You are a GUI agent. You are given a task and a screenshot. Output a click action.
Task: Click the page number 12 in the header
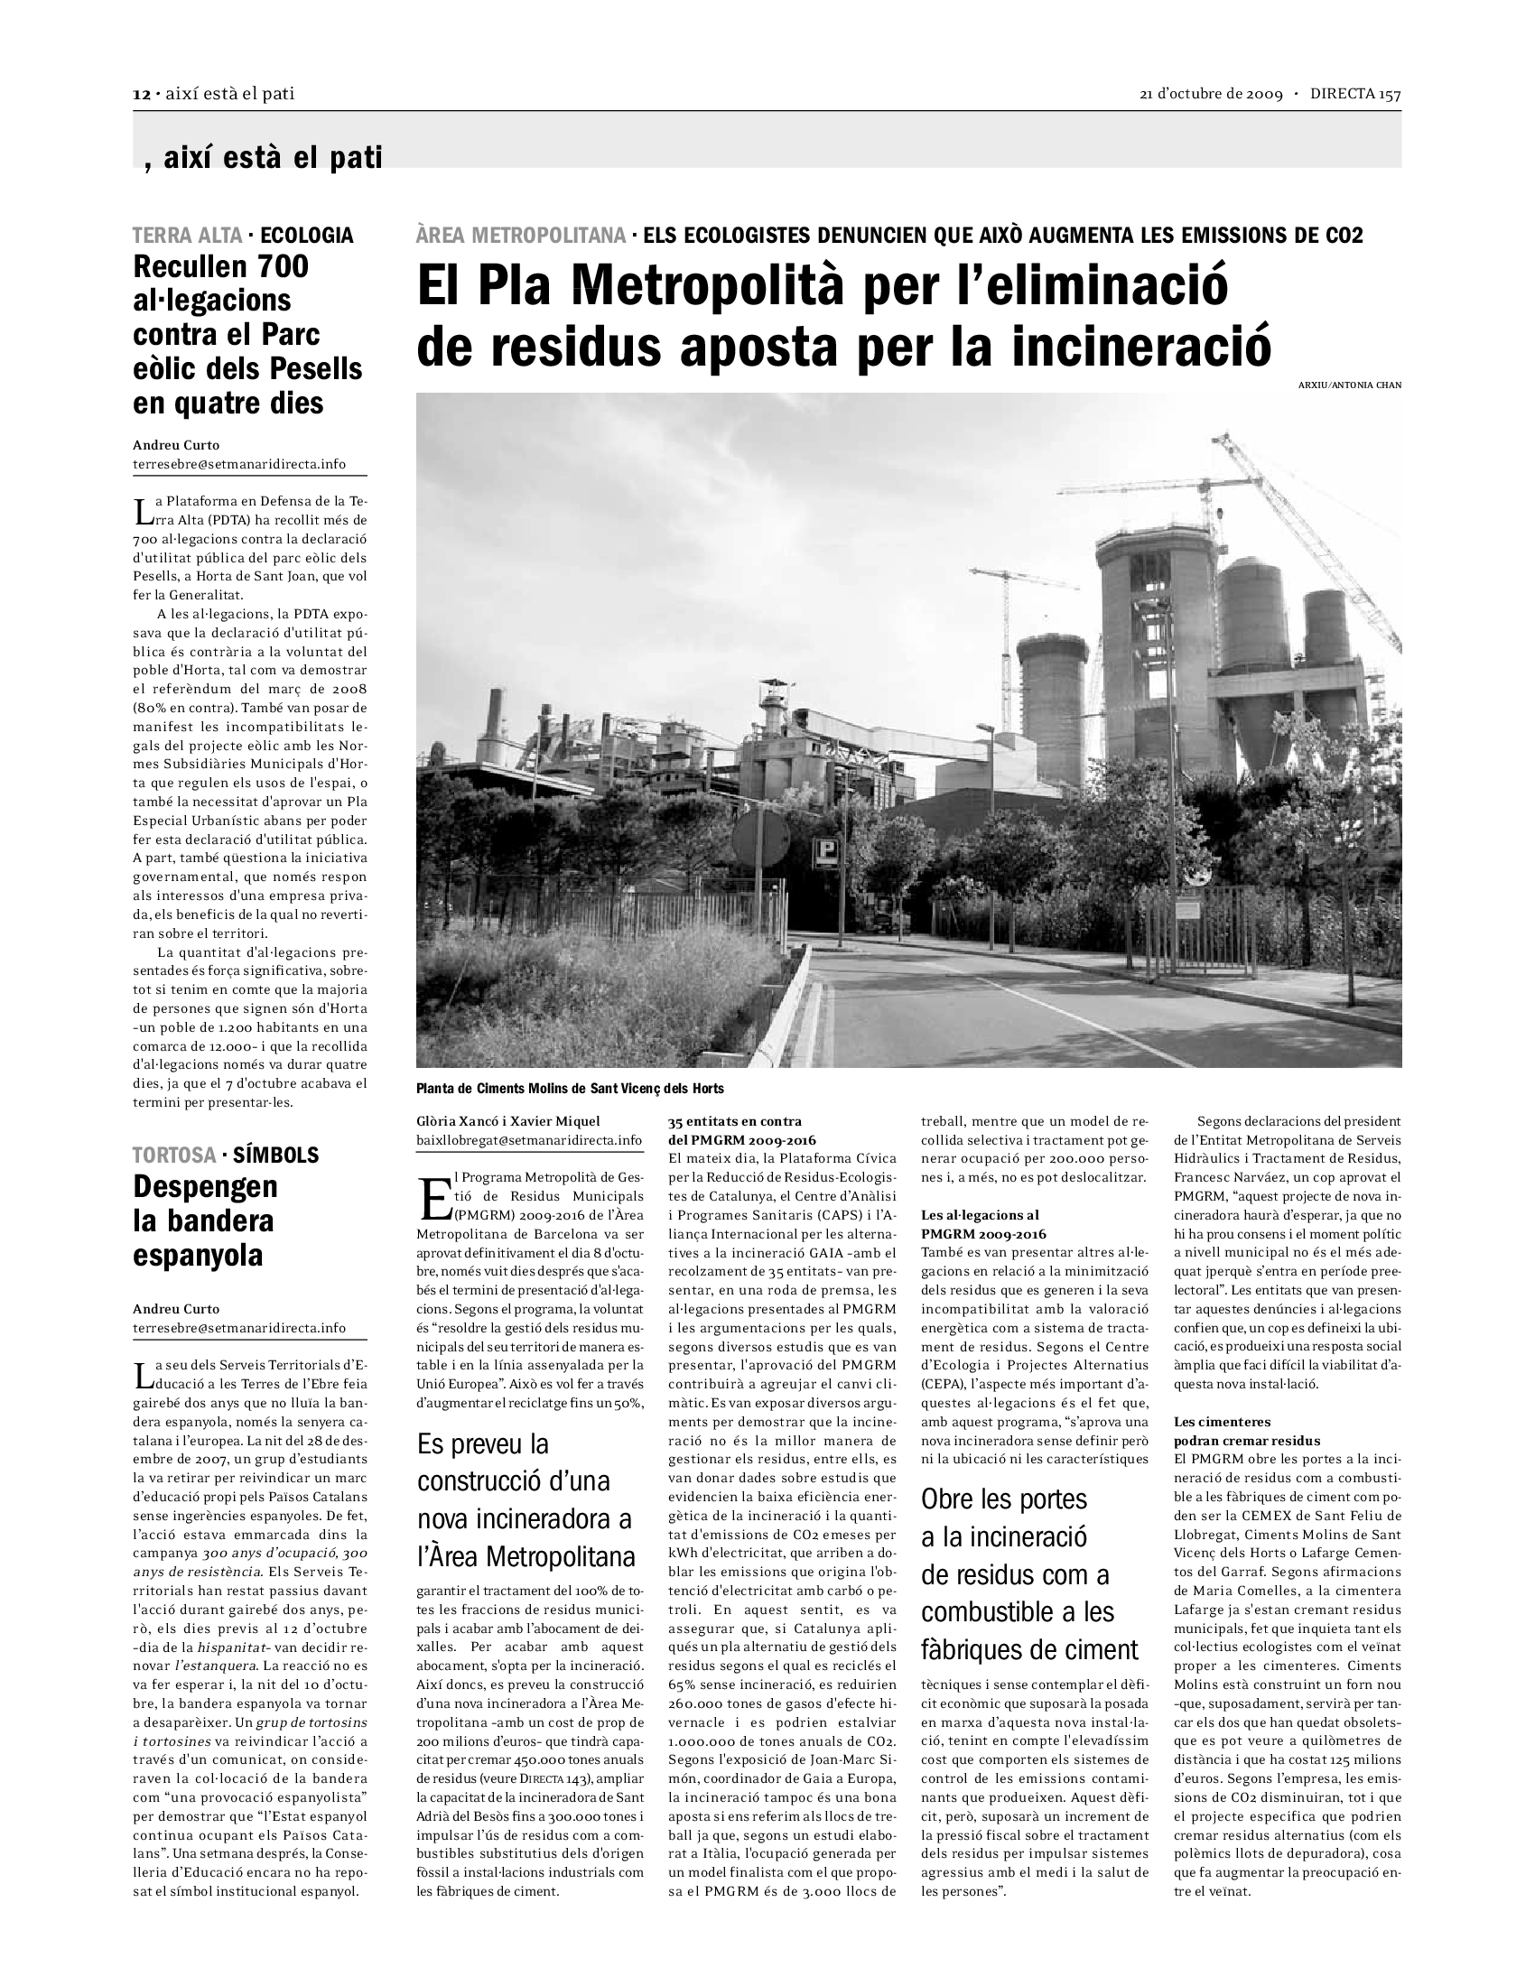click(x=141, y=95)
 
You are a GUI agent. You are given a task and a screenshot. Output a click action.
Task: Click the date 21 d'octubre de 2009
click(x=1210, y=95)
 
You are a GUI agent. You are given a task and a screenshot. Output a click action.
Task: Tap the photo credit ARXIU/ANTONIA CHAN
click(x=1350, y=385)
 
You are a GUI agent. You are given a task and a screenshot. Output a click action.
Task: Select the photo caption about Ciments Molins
click(x=570, y=1089)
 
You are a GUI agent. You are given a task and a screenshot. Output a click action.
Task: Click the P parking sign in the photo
click(x=826, y=849)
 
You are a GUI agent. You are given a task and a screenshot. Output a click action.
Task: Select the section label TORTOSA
click(x=173, y=1155)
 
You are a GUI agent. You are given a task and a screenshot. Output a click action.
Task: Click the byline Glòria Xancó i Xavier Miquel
click(x=508, y=1121)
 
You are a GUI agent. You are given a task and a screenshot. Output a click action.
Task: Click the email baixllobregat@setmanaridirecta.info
click(x=529, y=1140)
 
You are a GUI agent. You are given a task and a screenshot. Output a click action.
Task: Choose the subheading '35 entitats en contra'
click(x=735, y=1121)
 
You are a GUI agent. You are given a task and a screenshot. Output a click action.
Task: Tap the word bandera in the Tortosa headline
click(x=203, y=1220)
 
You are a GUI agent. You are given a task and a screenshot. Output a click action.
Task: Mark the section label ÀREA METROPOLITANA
click(x=521, y=236)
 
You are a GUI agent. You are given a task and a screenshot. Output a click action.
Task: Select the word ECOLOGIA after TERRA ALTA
click(x=306, y=236)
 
